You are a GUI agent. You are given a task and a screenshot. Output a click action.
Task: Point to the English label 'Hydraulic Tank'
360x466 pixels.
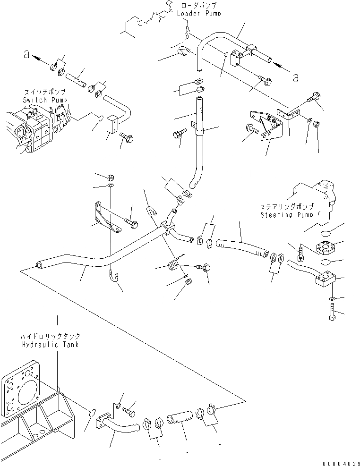coord(50,345)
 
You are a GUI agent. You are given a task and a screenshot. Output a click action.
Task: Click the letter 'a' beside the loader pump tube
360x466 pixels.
coord(296,78)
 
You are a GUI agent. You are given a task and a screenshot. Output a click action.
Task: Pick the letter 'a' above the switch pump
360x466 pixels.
coord(26,55)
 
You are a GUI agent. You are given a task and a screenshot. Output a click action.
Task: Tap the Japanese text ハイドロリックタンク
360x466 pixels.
coord(50,337)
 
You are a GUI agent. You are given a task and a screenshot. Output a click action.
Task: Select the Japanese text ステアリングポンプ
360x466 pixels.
coord(286,207)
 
